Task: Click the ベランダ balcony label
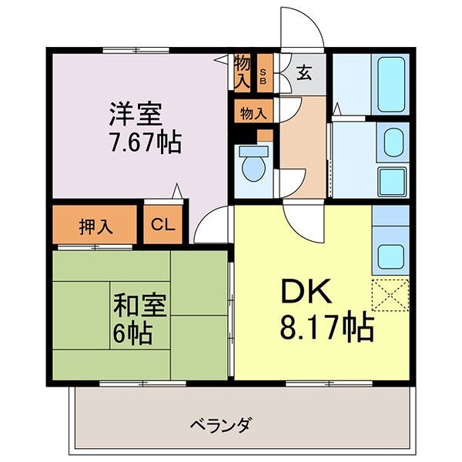click(222, 424)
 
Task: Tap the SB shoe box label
click(263, 71)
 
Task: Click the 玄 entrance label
click(304, 74)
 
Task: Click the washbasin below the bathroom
click(394, 142)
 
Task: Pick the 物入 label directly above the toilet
click(253, 113)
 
